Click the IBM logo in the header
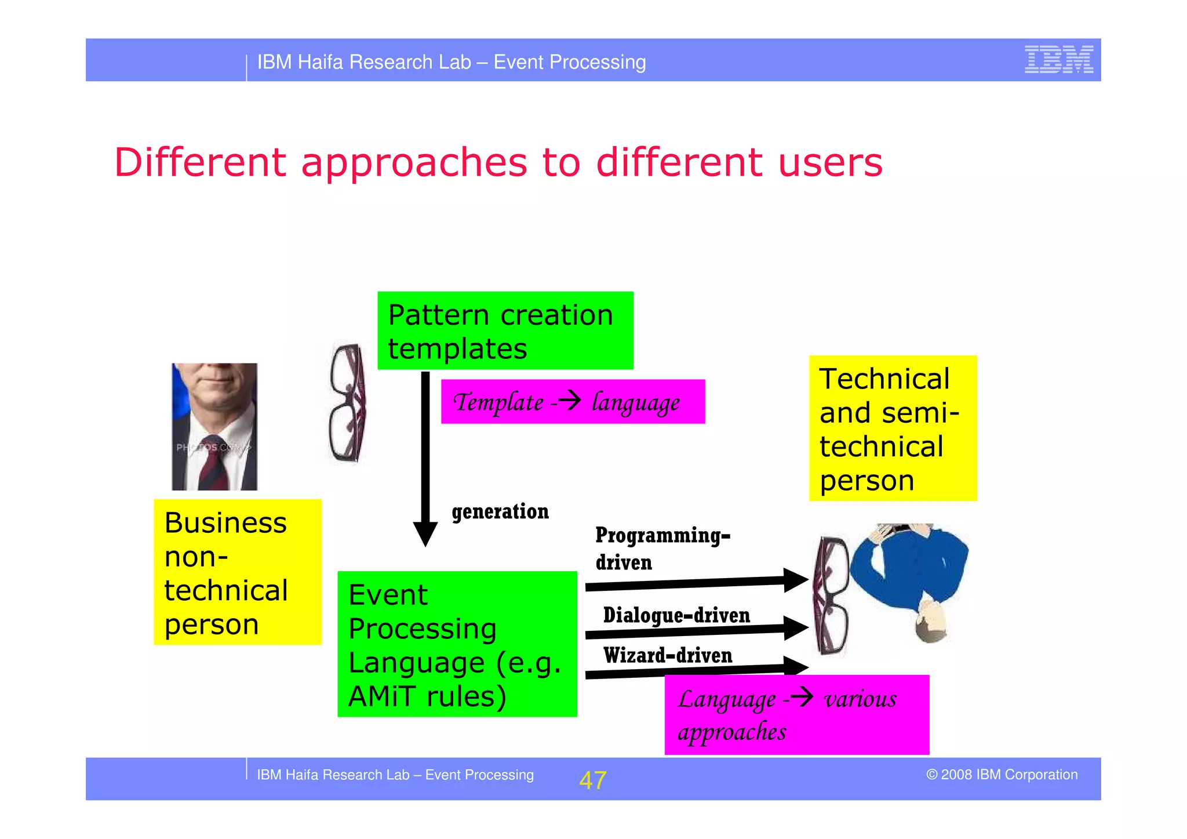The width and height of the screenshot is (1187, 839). tap(1058, 59)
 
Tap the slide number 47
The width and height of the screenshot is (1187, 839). tap(592, 780)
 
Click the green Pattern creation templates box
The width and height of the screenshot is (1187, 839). tap(505, 330)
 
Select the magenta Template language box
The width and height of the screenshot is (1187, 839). tap(573, 402)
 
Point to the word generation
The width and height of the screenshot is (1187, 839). tap(500, 511)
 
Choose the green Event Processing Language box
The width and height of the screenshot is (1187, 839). tap(457, 644)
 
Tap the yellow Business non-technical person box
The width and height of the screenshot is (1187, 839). tap(237, 572)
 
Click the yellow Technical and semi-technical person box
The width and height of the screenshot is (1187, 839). tap(892, 428)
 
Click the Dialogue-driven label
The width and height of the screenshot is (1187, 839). tap(676, 615)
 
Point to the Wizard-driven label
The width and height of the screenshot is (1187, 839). tap(667, 656)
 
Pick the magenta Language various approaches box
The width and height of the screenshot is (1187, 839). tap(796, 715)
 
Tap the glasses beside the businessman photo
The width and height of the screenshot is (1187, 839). tap(347, 404)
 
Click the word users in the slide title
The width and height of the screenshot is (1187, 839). tap(830, 162)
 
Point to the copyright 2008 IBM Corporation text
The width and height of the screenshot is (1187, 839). tap(1001, 775)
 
